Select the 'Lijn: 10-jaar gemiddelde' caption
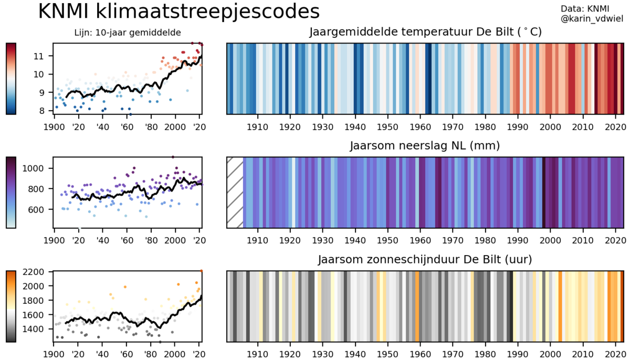(x=128, y=33)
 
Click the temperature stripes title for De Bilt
(x=425, y=33)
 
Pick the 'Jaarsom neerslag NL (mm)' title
(x=425, y=146)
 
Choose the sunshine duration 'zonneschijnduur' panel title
(x=425, y=260)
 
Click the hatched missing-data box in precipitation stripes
(x=235, y=193)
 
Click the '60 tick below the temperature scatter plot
(x=126, y=126)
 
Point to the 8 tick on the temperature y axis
(x=47, y=111)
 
